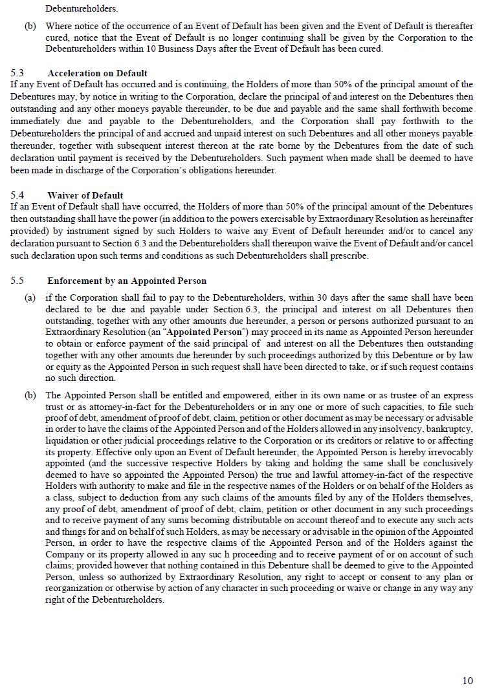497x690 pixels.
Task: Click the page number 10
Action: click(x=467, y=680)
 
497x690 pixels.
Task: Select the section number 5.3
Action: click(x=17, y=73)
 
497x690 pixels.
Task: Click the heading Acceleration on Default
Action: click(x=97, y=73)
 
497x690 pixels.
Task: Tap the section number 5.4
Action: click(x=17, y=195)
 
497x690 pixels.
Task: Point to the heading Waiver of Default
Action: click(x=85, y=195)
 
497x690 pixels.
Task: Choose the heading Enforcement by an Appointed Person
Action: click(x=127, y=281)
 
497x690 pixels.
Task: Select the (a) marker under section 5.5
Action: click(x=30, y=298)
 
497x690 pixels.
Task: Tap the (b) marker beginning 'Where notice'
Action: click(x=30, y=27)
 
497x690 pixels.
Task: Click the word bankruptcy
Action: click(x=451, y=429)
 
